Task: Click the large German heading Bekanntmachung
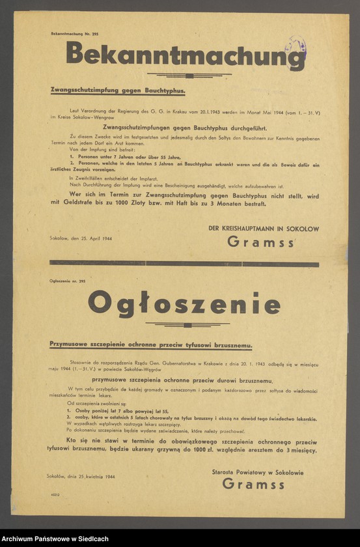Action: click(x=185, y=55)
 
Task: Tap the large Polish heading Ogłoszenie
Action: click(x=184, y=303)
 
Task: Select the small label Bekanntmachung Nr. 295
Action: click(x=75, y=33)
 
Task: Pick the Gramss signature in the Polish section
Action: click(x=253, y=483)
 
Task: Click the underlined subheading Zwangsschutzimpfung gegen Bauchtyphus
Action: click(x=118, y=92)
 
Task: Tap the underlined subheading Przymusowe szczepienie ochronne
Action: click(x=150, y=345)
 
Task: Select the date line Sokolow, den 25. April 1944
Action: click(x=81, y=239)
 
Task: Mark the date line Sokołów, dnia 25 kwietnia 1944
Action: click(x=81, y=477)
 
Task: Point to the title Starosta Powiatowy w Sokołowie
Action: click(x=257, y=472)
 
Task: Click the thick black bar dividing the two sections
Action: click(x=184, y=264)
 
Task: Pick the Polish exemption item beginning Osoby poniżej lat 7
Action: click(x=118, y=412)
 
